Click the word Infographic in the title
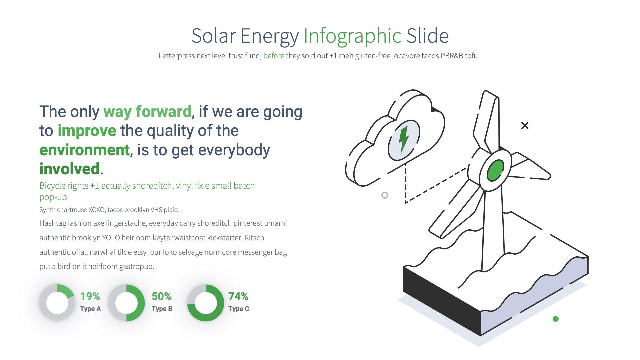(x=352, y=36)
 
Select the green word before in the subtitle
(x=274, y=56)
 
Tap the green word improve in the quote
(x=87, y=131)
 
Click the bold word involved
(x=69, y=169)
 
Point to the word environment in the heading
(x=84, y=150)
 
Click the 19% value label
(x=90, y=296)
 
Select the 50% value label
(x=162, y=296)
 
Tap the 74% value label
(x=238, y=296)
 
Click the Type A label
(x=90, y=309)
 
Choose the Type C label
(x=239, y=309)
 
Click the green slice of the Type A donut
(x=65, y=291)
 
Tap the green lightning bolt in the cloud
(x=404, y=139)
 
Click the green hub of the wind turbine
(x=495, y=170)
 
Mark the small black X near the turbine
(x=525, y=126)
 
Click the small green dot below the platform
(x=555, y=319)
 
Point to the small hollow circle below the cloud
(x=385, y=195)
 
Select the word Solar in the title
(x=213, y=36)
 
